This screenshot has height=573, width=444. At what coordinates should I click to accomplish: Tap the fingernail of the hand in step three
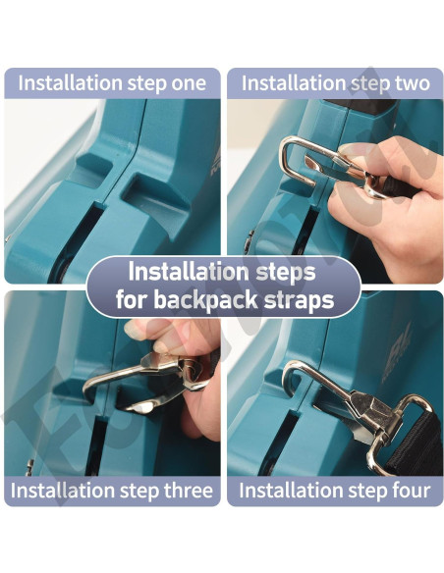134,329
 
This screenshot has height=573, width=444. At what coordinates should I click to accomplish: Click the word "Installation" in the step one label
70,83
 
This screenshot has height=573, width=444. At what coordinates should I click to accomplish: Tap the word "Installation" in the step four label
291,491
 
